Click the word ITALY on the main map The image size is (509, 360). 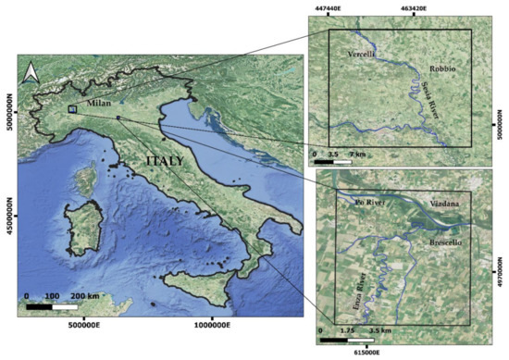[x=164, y=161]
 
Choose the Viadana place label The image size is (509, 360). [x=449, y=203]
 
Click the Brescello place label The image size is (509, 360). [x=449, y=243]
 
